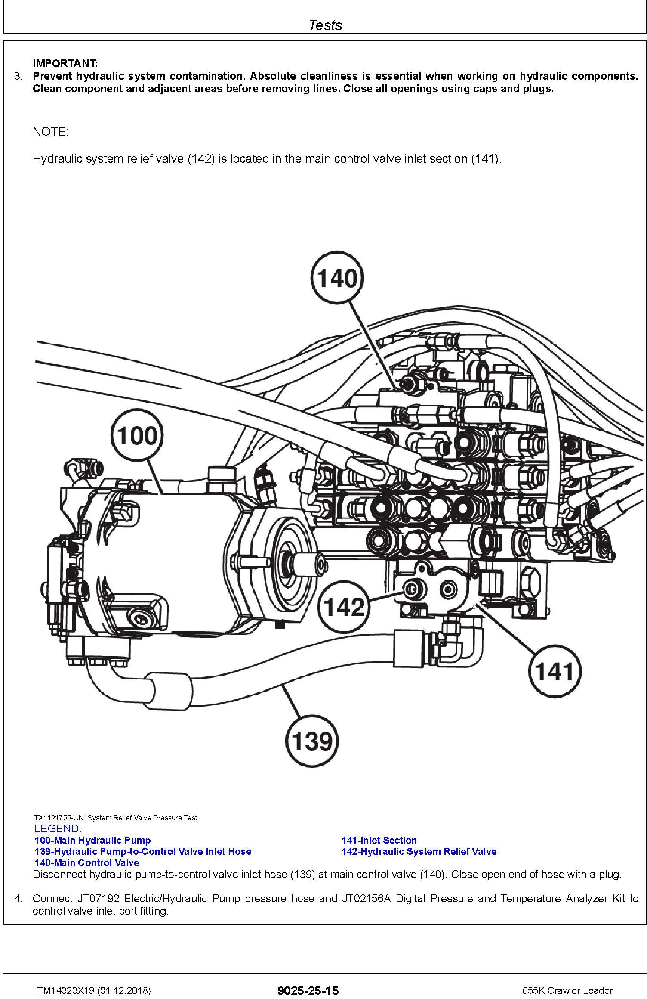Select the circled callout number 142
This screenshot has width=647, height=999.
tap(344, 607)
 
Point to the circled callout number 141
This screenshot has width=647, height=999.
tap(555, 671)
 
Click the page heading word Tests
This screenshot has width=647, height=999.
tap(325, 25)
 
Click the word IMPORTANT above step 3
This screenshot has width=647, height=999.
tap(65, 64)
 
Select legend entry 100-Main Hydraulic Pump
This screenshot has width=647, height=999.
tap(93, 840)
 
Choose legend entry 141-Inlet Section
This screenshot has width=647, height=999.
tap(379, 840)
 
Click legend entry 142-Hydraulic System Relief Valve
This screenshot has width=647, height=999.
tap(419, 851)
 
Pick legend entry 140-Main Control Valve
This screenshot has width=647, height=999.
tap(87, 862)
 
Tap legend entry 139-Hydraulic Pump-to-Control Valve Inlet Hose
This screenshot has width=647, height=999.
tap(143, 851)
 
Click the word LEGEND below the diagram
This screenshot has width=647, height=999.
tap(58, 828)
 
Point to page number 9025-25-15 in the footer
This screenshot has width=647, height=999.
tap(308, 991)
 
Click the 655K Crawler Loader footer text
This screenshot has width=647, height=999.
tap(567, 991)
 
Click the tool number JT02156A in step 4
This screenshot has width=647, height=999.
tap(367, 899)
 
